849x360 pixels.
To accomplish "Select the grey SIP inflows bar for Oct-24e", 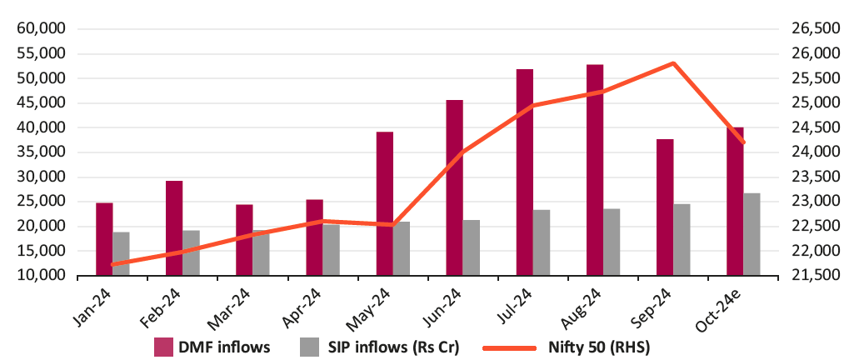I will pos(752,234).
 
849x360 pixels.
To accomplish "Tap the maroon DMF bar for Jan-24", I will pos(104,238).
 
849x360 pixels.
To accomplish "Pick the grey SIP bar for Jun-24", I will pos(472,247).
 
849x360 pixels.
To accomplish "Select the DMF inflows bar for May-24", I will pos(384,203).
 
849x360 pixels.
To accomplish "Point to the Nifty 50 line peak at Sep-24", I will pos(673,63).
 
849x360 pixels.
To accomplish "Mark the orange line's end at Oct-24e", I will pos(743,142).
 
